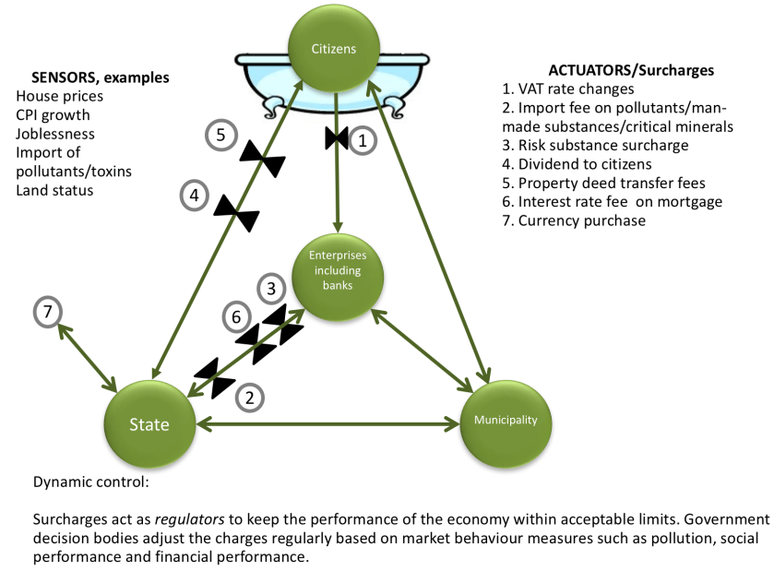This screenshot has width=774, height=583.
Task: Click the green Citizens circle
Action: [x=334, y=49]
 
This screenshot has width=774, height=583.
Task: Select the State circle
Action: [x=149, y=424]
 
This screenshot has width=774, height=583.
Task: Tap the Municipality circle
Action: [x=506, y=421]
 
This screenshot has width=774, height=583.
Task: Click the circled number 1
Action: [x=363, y=140]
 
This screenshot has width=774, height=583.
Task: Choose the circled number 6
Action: [x=237, y=316]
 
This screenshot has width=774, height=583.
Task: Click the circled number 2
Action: [x=249, y=398]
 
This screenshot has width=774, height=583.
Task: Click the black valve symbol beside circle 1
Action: [x=336, y=140]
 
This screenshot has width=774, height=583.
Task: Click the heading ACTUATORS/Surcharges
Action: [x=631, y=70]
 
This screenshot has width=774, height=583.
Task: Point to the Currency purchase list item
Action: [x=583, y=220]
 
